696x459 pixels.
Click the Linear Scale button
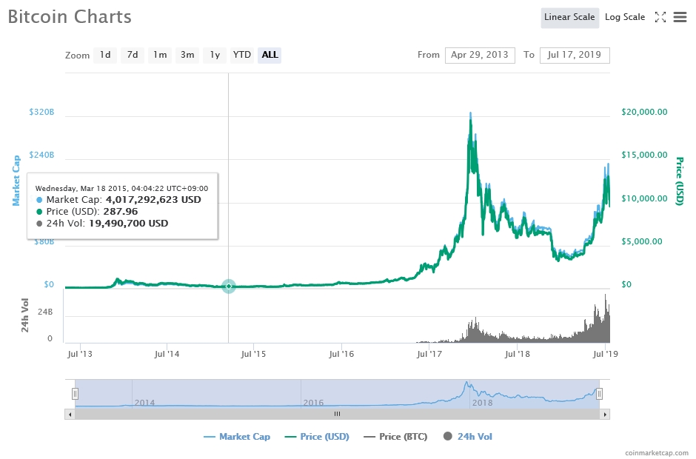pos(569,17)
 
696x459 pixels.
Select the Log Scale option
pos(624,17)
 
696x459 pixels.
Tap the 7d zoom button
pos(132,55)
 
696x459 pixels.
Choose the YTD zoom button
pos(241,55)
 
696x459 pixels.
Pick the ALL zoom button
pos(270,55)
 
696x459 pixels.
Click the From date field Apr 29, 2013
pos(479,55)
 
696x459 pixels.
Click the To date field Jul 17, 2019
pos(574,55)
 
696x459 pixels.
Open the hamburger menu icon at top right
pos(680,17)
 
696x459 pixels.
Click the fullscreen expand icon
pos(660,17)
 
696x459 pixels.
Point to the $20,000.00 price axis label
pos(643,113)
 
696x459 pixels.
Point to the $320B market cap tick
pos(41,113)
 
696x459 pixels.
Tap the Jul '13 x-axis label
pos(79,355)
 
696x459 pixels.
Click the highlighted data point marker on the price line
pos(229,287)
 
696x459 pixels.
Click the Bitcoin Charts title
pos(70,16)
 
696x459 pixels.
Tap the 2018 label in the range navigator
pos(482,403)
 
